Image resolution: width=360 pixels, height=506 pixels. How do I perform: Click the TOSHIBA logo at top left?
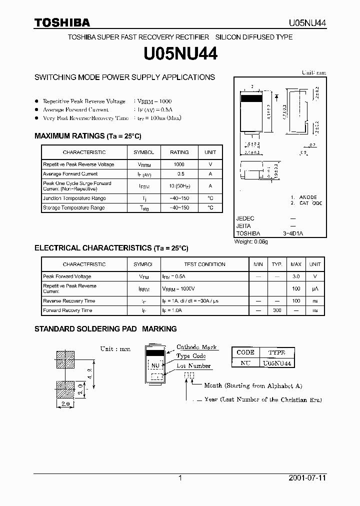click(x=61, y=22)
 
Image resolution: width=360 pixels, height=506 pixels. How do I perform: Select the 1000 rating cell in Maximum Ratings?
click(x=179, y=164)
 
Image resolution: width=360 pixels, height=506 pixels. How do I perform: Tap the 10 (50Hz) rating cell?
click(x=179, y=186)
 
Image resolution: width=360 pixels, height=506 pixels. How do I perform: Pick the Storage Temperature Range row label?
click(x=74, y=207)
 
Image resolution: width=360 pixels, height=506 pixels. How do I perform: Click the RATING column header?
click(x=179, y=152)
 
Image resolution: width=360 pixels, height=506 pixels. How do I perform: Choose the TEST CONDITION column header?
click(x=204, y=264)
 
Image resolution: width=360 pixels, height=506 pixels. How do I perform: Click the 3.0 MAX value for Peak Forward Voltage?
click(x=296, y=276)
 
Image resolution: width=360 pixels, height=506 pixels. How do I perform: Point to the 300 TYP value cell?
click(x=277, y=310)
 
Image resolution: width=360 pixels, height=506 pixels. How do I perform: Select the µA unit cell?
click(x=315, y=288)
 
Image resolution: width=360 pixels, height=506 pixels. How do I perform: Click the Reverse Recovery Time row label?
click(x=69, y=301)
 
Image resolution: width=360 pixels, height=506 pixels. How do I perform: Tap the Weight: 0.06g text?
click(x=251, y=242)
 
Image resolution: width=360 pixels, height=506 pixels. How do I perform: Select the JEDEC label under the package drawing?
click(x=245, y=218)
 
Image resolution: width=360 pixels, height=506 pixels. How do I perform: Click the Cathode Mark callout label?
click(x=196, y=347)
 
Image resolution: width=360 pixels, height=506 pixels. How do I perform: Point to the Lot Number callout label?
click(x=193, y=366)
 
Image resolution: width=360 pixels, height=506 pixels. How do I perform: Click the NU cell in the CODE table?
click(x=245, y=363)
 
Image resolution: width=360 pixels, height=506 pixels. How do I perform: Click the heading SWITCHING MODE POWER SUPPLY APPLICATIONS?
click(x=124, y=77)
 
